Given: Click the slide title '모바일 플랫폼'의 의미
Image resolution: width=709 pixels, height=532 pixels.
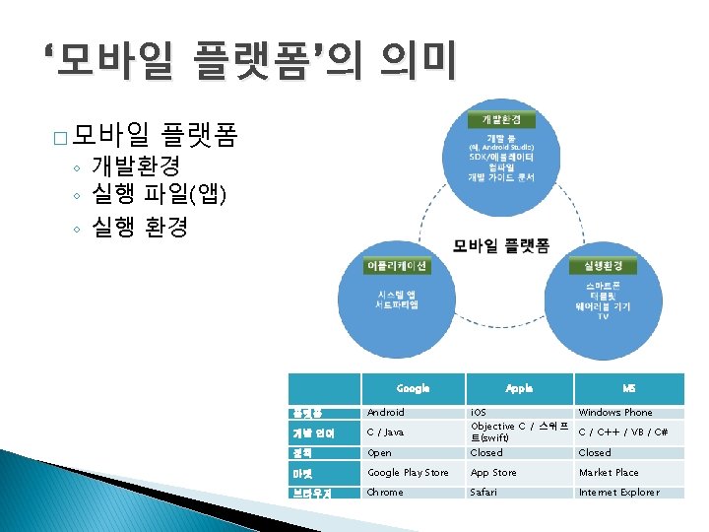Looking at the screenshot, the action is click(250, 61).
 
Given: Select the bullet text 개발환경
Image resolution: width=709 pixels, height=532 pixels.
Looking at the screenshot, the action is click(135, 165).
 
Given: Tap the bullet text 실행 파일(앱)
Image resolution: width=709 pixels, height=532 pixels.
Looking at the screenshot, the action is click(159, 195).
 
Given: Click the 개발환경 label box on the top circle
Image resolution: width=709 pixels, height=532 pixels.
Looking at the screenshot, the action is click(501, 119).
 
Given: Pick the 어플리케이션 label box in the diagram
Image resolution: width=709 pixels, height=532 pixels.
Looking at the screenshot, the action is click(396, 267).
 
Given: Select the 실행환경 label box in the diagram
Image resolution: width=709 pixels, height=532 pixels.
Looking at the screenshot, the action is click(601, 267).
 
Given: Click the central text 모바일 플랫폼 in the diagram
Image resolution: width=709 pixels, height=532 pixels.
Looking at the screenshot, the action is click(501, 245).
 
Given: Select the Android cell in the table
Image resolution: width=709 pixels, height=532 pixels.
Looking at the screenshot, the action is click(386, 413).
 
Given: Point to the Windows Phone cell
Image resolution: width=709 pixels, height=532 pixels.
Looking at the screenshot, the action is click(615, 413).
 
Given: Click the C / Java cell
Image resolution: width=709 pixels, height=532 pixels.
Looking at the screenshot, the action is click(386, 432).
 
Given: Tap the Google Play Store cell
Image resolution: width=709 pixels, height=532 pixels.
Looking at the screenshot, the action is click(408, 473).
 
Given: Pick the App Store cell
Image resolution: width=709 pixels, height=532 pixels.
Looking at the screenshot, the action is click(493, 473).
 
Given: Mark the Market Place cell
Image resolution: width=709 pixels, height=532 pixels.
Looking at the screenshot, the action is click(609, 473).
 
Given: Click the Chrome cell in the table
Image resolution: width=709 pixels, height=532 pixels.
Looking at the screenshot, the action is click(385, 492).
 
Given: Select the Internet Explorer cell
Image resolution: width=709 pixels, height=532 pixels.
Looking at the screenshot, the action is click(619, 492).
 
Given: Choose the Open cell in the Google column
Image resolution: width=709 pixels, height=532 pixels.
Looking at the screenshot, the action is click(379, 453).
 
